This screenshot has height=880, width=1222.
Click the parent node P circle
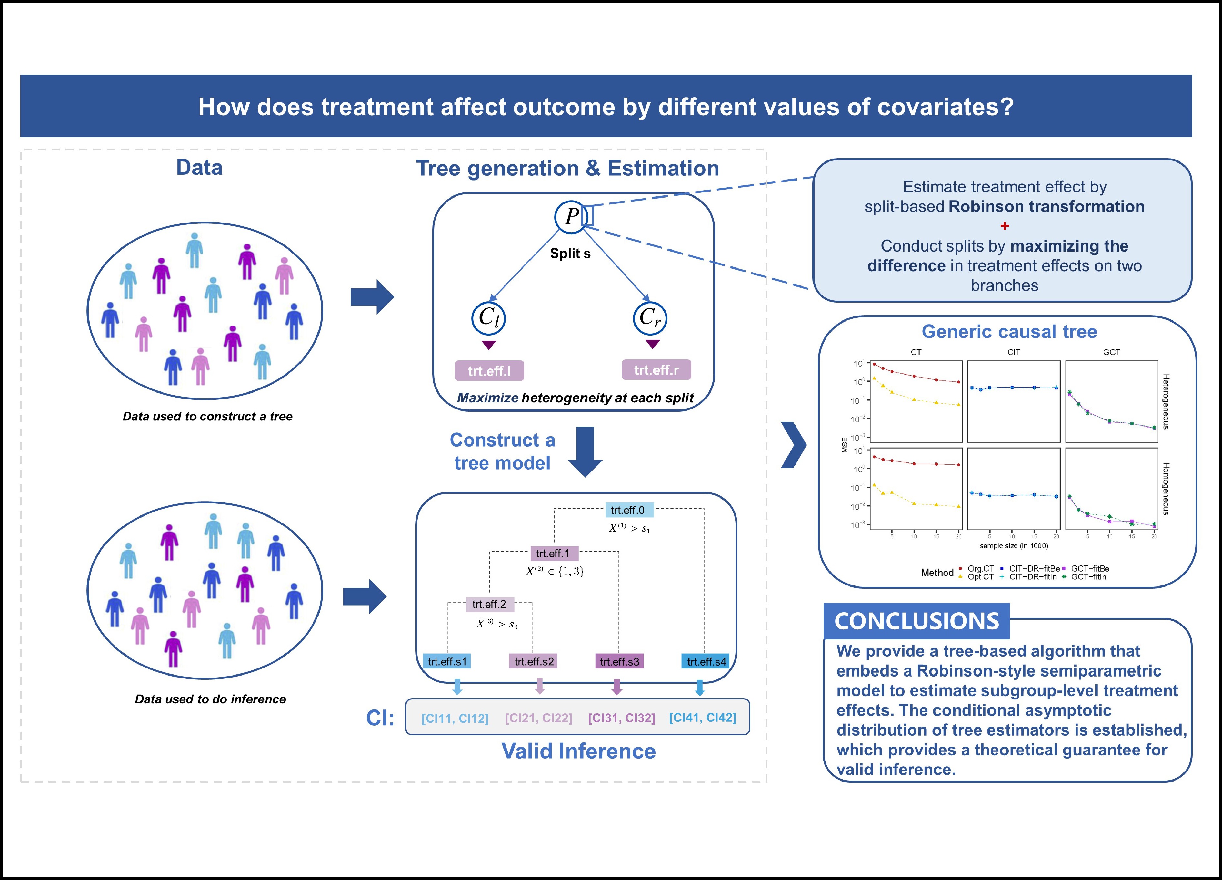click(570, 217)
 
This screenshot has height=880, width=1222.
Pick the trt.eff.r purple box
click(656, 370)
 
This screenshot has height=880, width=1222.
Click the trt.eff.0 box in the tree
click(627, 510)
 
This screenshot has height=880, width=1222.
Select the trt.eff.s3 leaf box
click(619, 662)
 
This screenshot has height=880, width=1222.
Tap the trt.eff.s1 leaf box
click(447, 662)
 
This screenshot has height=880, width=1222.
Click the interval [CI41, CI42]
click(702, 718)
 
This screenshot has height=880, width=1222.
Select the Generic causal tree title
click(1009, 332)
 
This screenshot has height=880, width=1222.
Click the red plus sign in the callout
click(1004, 226)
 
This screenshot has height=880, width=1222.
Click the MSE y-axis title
click(845, 445)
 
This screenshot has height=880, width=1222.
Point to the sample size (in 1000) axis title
click(1014, 546)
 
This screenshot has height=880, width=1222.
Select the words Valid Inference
click(578, 751)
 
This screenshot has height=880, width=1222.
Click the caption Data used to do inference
click(210, 699)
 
